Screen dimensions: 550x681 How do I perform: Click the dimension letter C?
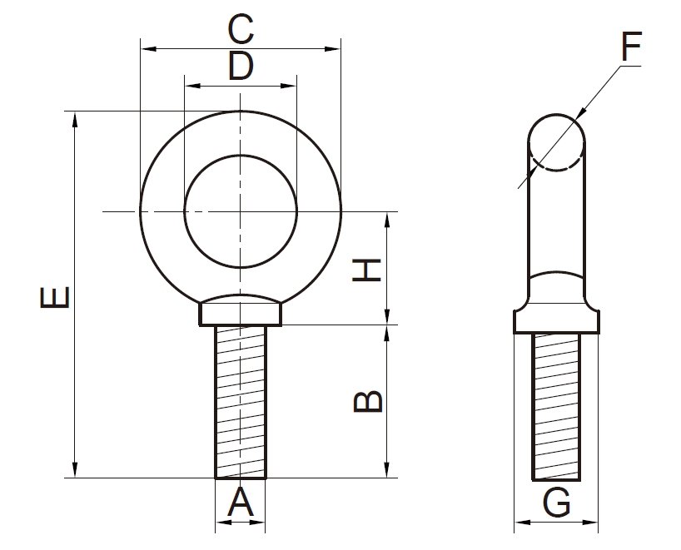point(240,30)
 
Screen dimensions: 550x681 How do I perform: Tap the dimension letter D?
point(240,67)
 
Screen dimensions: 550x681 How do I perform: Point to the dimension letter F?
point(630,48)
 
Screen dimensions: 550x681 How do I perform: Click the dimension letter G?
point(555,503)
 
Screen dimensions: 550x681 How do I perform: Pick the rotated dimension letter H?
point(368,269)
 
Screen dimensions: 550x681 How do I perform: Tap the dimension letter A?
point(240,502)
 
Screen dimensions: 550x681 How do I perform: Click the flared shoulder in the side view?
point(556,319)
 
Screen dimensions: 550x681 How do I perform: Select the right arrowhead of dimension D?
point(292,85)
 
